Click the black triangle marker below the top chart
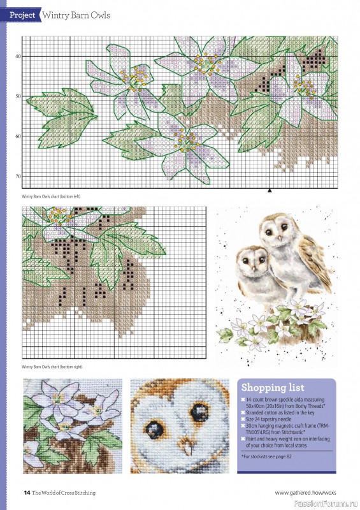click(x=270, y=190)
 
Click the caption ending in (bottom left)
click(x=51, y=196)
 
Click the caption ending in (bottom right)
click(x=52, y=367)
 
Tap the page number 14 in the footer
click(x=27, y=492)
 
